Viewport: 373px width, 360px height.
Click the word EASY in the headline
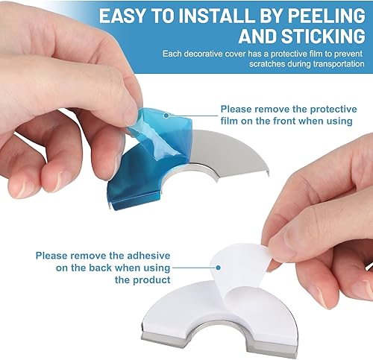pos(122,16)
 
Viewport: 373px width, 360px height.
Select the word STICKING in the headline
pos(323,36)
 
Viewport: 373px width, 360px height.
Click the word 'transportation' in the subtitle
pos(339,64)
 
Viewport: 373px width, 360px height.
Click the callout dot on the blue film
pos(166,116)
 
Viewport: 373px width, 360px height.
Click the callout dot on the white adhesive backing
pos(218,268)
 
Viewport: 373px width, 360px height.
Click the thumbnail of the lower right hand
pos(281,244)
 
